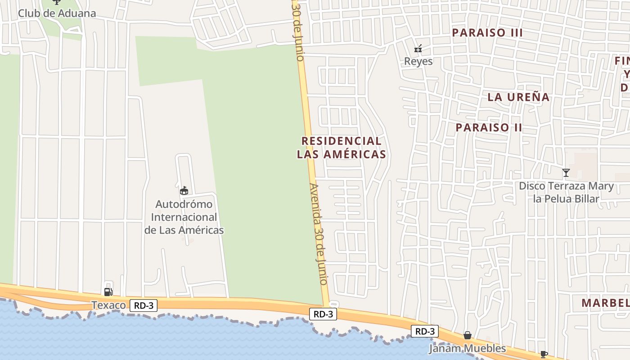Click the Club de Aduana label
coord(57,13)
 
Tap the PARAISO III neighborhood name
coord(487,32)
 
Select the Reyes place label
coord(418,61)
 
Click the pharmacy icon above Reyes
coord(418,49)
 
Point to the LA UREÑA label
coord(518,97)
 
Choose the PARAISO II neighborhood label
coord(489,127)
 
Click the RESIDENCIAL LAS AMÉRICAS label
coord(341,147)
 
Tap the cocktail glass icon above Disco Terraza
coord(566,172)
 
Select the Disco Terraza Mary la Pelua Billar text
coord(566,192)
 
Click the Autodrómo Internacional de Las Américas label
coord(184,217)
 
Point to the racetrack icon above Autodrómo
coord(184,191)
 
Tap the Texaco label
coord(109,306)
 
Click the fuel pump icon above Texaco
coord(108,292)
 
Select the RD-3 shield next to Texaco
coord(144,306)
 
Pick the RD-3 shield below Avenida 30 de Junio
coord(323,314)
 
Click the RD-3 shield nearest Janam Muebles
coord(424,332)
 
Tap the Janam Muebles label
coord(467,348)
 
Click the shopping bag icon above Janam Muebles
coord(468,335)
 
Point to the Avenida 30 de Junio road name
coord(318,233)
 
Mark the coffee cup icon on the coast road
coord(544,354)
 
